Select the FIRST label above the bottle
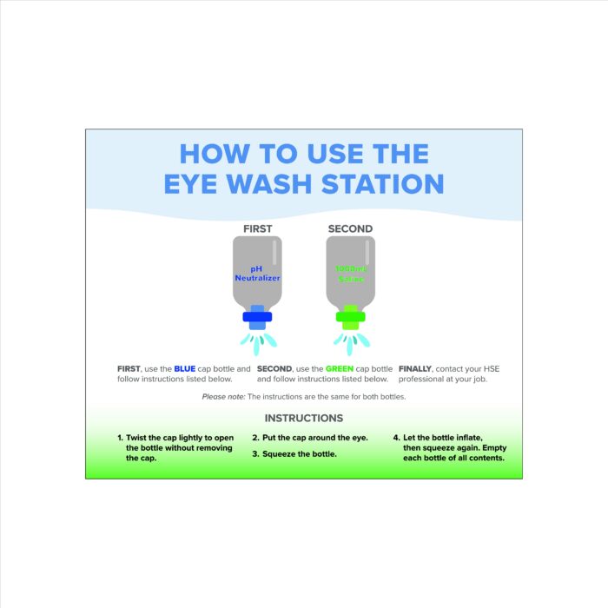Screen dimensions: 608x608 (x=257, y=229)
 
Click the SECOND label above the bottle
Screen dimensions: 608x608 (x=350, y=229)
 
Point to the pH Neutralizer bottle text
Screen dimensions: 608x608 (x=257, y=274)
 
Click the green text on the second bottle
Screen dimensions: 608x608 (x=350, y=274)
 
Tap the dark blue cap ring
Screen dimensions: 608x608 (x=257, y=317)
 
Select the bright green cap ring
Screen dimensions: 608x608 (x=351, y=317)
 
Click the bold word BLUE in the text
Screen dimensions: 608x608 (x=185, y=369)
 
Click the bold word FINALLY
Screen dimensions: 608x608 (x=417, y=369)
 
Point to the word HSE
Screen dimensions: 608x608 (x=490, y=369)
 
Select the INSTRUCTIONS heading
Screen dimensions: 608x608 (x=304, y=419)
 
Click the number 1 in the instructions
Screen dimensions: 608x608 (x=120, y=438)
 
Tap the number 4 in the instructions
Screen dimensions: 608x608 (x=396, y=438)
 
